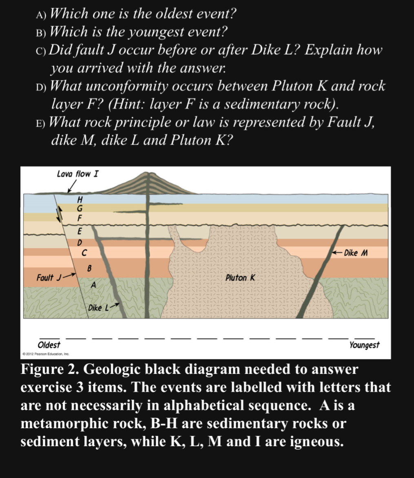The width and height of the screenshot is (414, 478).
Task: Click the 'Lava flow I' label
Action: (x=77, y=174)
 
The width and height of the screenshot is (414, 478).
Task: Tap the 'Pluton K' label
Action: (x=240, y=278)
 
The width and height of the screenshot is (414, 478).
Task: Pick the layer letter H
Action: (x=80, y=200)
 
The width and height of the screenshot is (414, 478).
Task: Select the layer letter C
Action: (x=84, y=253)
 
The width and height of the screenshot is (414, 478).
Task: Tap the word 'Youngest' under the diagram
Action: (x=364, y=345)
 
